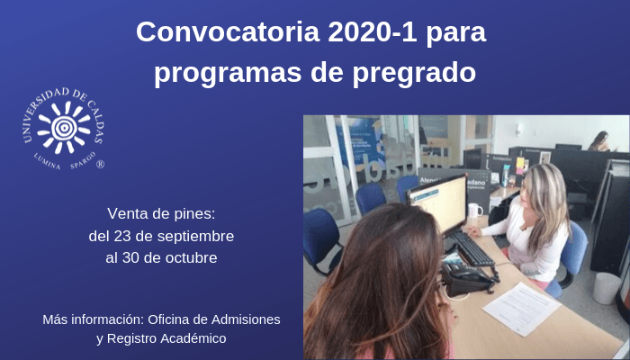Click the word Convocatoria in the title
click(x=228, y=31)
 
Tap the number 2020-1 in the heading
click(x=373, y=31)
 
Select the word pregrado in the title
click(x=415, y=73)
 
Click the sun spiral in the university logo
click(x=64, y=127)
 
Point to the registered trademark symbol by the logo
click(x=100, y=164)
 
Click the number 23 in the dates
click(x=122, y=236)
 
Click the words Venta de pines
click(x=161, y=214)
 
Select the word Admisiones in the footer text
click(x=246, y=319)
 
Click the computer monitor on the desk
click(x=437, y=203)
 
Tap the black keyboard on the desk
click(x=472, y=248)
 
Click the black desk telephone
click(x=468, y=278)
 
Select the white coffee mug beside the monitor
click(x=475, y=210)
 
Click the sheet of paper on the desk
click(x=521, y=308)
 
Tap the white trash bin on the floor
click(x=607, y=288)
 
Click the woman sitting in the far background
click(x=599, y=141)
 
